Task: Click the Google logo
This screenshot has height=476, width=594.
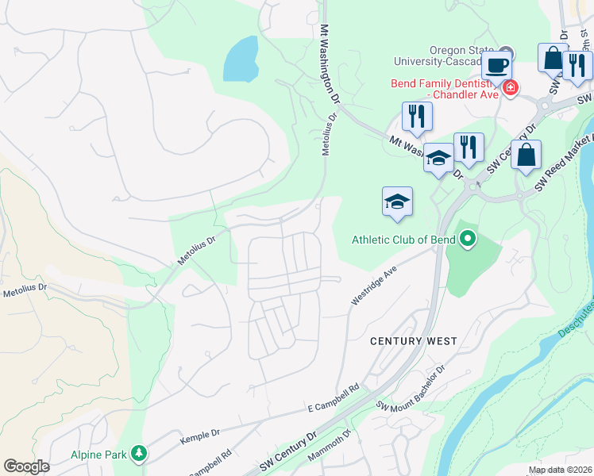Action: coord(26,466)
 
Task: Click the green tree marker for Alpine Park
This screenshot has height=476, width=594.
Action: coord(140,453)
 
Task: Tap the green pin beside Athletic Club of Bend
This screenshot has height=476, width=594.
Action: coord(468,238)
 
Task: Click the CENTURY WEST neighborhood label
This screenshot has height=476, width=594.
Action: coord(414,341)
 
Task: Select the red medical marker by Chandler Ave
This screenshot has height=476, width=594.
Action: coord(509,87)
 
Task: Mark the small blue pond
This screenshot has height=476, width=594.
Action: coord(241,60)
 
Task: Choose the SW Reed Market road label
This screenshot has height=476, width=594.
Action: coord(565,160)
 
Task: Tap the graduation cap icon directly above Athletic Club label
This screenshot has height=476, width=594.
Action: coord(397,202)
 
